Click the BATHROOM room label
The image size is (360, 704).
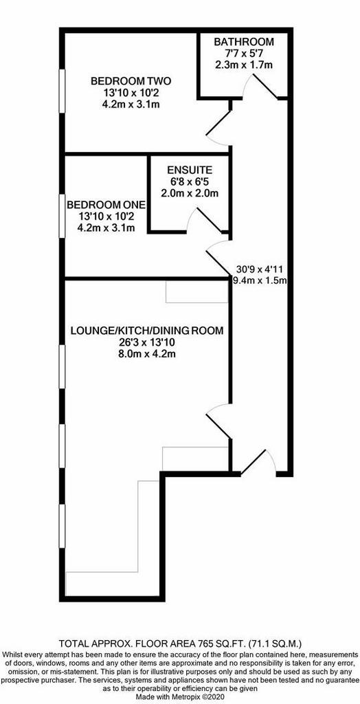(x=243, y=42)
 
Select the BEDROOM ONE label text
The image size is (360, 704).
(x=106, y=205)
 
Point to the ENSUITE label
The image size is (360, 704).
(x=189, y=170)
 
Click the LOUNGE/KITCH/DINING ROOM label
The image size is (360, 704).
(x=147, y=331)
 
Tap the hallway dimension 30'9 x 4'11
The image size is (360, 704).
(x=258, y=269)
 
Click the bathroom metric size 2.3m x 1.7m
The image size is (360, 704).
(x=244, y=65)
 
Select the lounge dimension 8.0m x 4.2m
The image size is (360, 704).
(x=146, y=354)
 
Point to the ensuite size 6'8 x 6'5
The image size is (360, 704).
(x=189, y=182)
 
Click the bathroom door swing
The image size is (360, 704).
(x=260, y=86)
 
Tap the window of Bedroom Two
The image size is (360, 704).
(x=63, y=91)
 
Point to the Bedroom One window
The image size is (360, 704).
(x=63, y=216)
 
